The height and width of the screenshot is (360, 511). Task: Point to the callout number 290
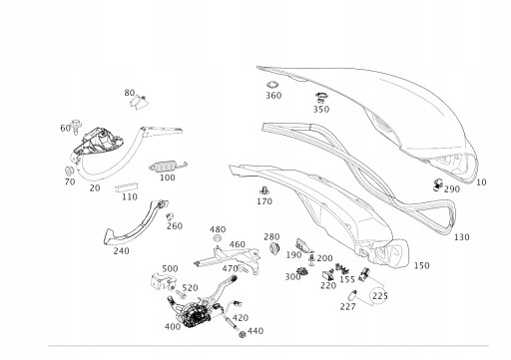[x=452, y=189]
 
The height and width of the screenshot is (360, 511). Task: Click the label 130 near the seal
[x=460, y=237]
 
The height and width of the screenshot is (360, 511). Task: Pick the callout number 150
[x=421, y=265]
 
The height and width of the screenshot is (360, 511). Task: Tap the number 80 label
[x=130, y=93]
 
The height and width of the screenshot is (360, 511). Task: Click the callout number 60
[x=66, y=129]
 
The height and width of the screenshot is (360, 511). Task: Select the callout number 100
[x=167, y=179]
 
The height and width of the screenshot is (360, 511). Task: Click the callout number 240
[x=121, y=251]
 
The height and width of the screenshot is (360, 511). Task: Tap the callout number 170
[x=263, y=202]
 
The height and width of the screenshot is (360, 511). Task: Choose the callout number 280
[x=271, y=237]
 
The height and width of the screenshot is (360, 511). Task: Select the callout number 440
[x=255, y=332]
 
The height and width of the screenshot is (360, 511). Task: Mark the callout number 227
[x=346, y=306]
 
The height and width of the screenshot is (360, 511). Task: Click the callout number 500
[x=170, y=269]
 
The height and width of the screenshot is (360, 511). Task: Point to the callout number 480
[x=218, y=230]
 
